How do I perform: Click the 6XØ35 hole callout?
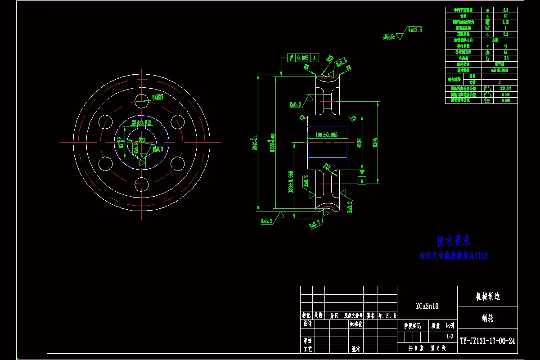[x=157, y=97]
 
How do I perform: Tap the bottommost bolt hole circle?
[x=142, y=184]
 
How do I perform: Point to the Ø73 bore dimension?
[x=142, y=140]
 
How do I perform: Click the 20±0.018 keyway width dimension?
[x=141, y=122]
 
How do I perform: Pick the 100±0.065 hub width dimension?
[x=327, y=135]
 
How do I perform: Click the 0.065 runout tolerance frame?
[x=302, y=58]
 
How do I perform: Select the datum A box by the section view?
[x=360, y=180]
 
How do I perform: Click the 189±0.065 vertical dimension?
[x=291, y=181]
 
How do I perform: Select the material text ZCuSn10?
[x=427, y=306]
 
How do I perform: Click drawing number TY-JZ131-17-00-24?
[x=487, y=341]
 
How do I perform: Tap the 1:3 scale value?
[x=450, y=336]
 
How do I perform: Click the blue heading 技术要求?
[x=453, y=241]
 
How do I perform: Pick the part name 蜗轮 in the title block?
[x=487, y=318]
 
